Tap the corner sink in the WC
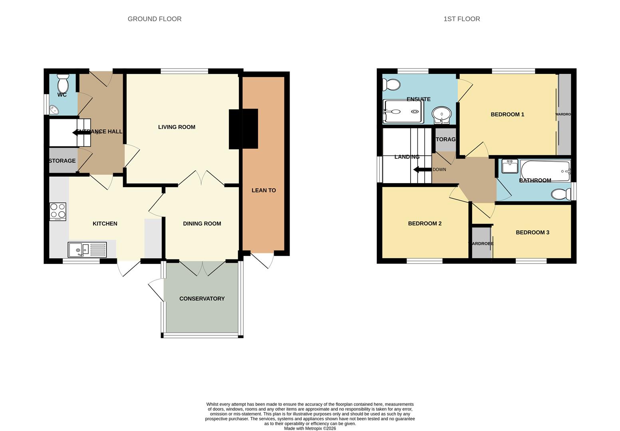(x=53, y=110)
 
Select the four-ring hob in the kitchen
(x=58, y=211)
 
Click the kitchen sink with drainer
(x=87, y=250)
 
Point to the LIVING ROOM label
(x=177, y=127)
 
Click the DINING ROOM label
(x=202, y=223)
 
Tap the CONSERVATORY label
(x=202, y=299)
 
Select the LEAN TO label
(x=264, y=190)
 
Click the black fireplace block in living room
(x=243, y=129)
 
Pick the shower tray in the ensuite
(x=403, y=111)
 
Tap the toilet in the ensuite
(x=391, y=85)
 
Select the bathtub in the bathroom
(x=545, y=171)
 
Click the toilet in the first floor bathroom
(x=561, y=194)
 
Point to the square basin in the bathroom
(x=509, y=166)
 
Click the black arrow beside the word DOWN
(x=422, y=170)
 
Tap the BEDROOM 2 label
(x=425, y=223)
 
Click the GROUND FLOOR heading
(x=155, y=19)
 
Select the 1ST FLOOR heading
(x=461, y=19)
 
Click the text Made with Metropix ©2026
(x=310, y=429)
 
